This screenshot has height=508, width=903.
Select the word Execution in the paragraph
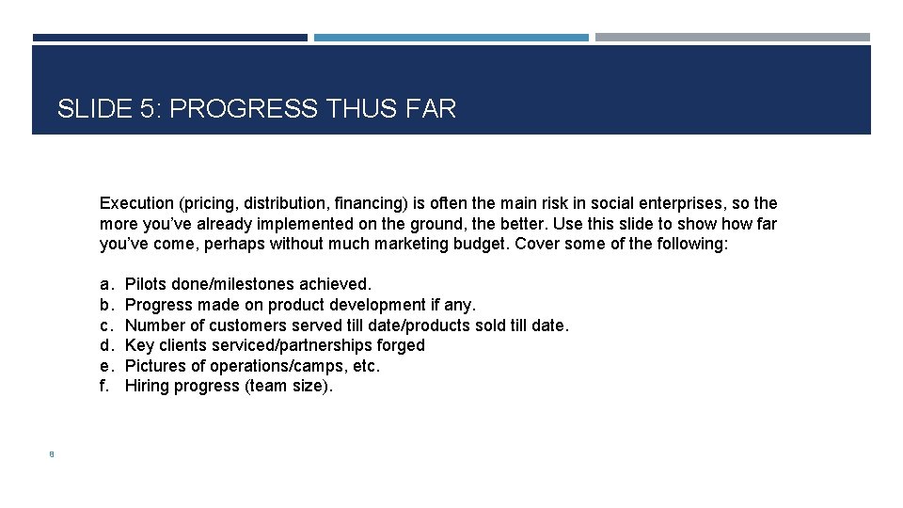136,203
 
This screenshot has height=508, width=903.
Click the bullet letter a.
104,284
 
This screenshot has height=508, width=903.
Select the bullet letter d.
104,345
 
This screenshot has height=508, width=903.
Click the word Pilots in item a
146,284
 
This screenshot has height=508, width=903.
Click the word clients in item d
181,345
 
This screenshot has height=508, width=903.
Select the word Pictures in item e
154,366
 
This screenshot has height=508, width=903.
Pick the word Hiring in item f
147,387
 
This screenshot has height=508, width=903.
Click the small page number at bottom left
53,454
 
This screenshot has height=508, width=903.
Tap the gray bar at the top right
733,38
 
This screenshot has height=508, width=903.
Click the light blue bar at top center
451,38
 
